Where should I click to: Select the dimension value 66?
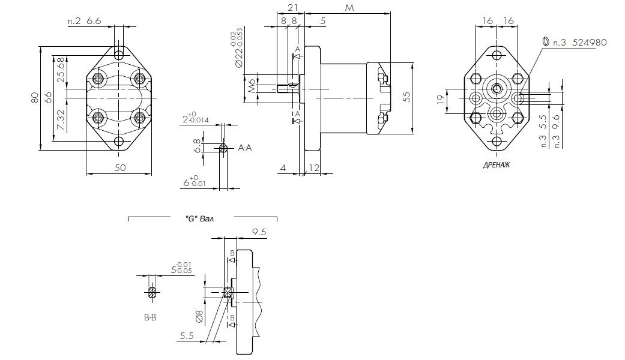coord(49,97)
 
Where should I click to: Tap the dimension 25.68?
coord(61,70)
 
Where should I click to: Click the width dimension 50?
coord(119,168)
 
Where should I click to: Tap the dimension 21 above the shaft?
coord(293,7)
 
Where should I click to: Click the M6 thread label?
coord(252,88)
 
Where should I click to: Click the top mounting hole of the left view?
coord(119,54)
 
